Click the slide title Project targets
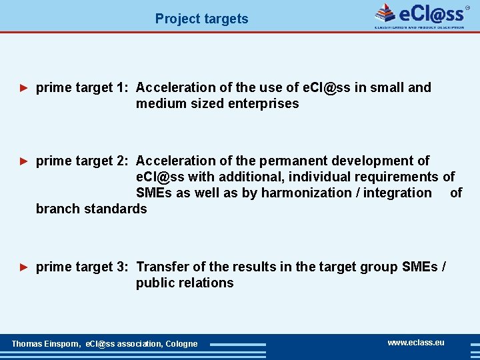(x=201, y=19)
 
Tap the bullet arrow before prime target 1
(x=24, y=87)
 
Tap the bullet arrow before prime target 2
(x=24, y=161)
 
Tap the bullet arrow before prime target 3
(x=24, y=267)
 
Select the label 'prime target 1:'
(x=83, y=87)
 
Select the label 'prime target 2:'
(x=83, y=161)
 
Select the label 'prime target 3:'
(x=83, y=267)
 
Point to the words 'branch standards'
(x=91, y=209)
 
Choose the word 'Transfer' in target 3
(x=162, y=267)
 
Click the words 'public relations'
(x=185, y=283)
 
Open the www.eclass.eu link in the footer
(x=416, y=342)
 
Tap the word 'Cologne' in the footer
(x=181, y=344)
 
